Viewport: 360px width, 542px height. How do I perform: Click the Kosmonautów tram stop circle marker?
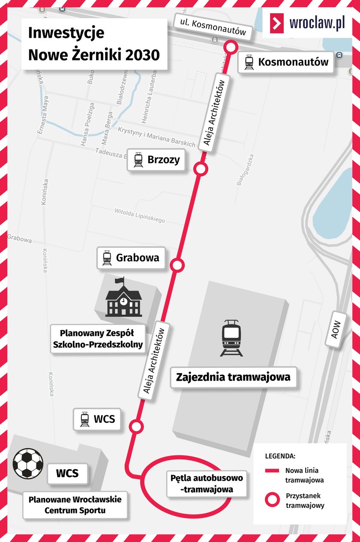coord(231,46)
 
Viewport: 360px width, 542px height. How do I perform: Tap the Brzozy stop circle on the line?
coord(201,169)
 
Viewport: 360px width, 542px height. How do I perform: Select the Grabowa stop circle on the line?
coord(177,265)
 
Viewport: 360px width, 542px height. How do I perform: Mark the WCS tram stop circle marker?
coord(136,426)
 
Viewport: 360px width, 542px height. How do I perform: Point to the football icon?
coord(28,463)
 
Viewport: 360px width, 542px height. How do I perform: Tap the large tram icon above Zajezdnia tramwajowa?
coord(231,338)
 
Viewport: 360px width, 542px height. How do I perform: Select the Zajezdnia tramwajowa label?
coord(234,377)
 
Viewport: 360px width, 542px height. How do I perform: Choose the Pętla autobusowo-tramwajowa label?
coord(207,483)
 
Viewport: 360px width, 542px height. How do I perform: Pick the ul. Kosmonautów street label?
coord(213,27)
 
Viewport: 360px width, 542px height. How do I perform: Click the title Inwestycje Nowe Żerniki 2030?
coord(94,44)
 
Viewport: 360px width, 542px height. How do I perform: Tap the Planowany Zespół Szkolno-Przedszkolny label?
coord(97,338)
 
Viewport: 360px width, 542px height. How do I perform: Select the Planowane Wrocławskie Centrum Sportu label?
coord(75,505)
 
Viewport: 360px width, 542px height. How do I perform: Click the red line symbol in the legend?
coord(272,470)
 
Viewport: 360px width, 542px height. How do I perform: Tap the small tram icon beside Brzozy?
coord(138,160)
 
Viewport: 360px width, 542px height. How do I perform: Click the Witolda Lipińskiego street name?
coord(139,216)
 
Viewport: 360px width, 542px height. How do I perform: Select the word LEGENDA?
coord(280,455)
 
